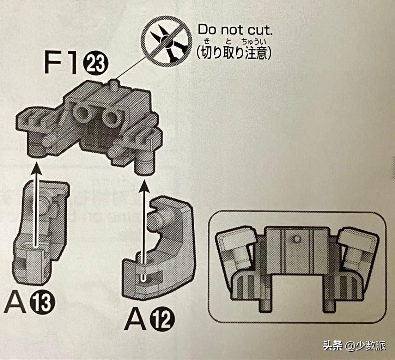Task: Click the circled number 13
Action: (43, 303)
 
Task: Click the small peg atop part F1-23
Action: (114, 85)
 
